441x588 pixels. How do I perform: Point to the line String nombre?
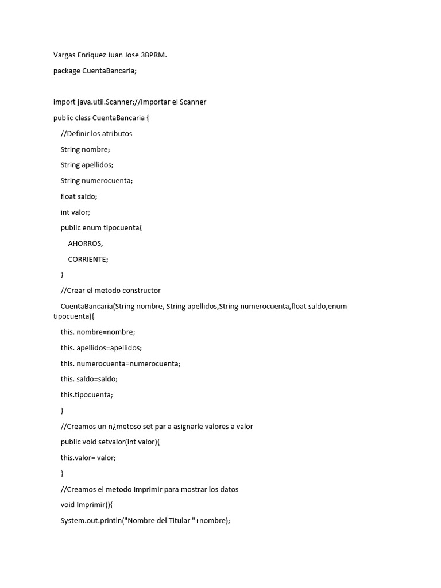point(85,149)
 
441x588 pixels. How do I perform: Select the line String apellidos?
point(87,164)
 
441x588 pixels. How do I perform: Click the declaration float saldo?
point(79,196)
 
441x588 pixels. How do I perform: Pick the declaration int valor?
point(75,212)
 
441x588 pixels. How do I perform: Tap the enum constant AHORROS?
point(85,243)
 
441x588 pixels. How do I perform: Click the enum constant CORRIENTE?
point(87,259)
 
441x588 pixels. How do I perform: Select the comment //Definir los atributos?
point(96,133)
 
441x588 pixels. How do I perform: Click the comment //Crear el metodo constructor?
point(110,290)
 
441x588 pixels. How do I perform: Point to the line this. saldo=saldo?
point(89,379)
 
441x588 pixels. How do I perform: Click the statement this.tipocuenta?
point(87,394)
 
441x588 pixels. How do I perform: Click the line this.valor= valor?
point(88,458)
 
